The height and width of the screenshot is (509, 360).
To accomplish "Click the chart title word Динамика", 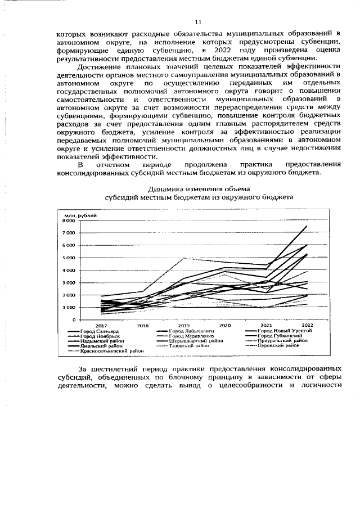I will [x=165, y=189].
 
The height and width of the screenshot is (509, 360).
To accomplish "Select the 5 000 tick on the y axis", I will [x=69, y=258].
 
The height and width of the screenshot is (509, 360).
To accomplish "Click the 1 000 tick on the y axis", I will [x=69, y=307].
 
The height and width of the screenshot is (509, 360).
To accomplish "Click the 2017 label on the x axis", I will [x=101, y=326].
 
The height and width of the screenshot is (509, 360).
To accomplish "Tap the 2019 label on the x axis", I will [x=184, y=326].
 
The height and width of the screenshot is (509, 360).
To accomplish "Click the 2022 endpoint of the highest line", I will [x=307, y=226].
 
